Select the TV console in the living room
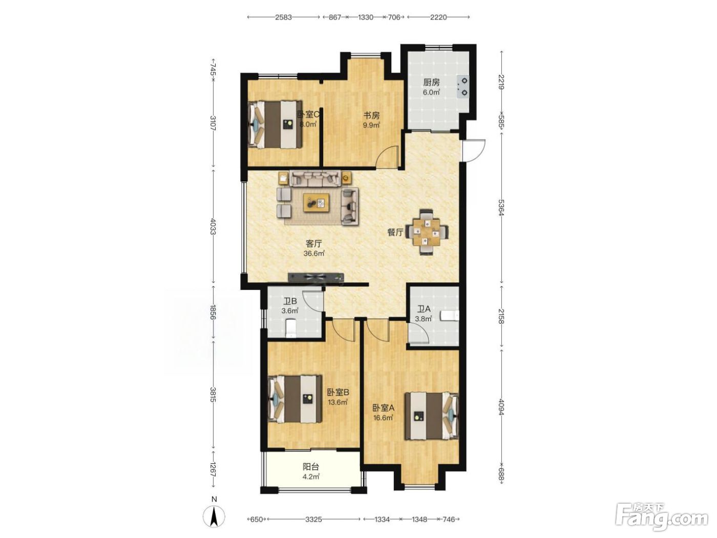(x=315, y=277)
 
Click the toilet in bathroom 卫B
(x=291, y=328)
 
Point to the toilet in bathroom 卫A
(x=450, y=316)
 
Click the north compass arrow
(x=214, y=517)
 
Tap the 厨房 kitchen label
(x=431, y=82)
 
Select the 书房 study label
(x=371, y=115)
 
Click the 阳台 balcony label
(x=311, y=467)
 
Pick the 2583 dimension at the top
(x=283, y=17)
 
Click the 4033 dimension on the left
(x=213, y=226)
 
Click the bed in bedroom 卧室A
(x=431, y=416)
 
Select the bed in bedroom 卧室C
(x=275, y=125)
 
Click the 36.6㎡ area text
(x=314, y=253)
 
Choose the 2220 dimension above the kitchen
(x=438, y=17)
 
